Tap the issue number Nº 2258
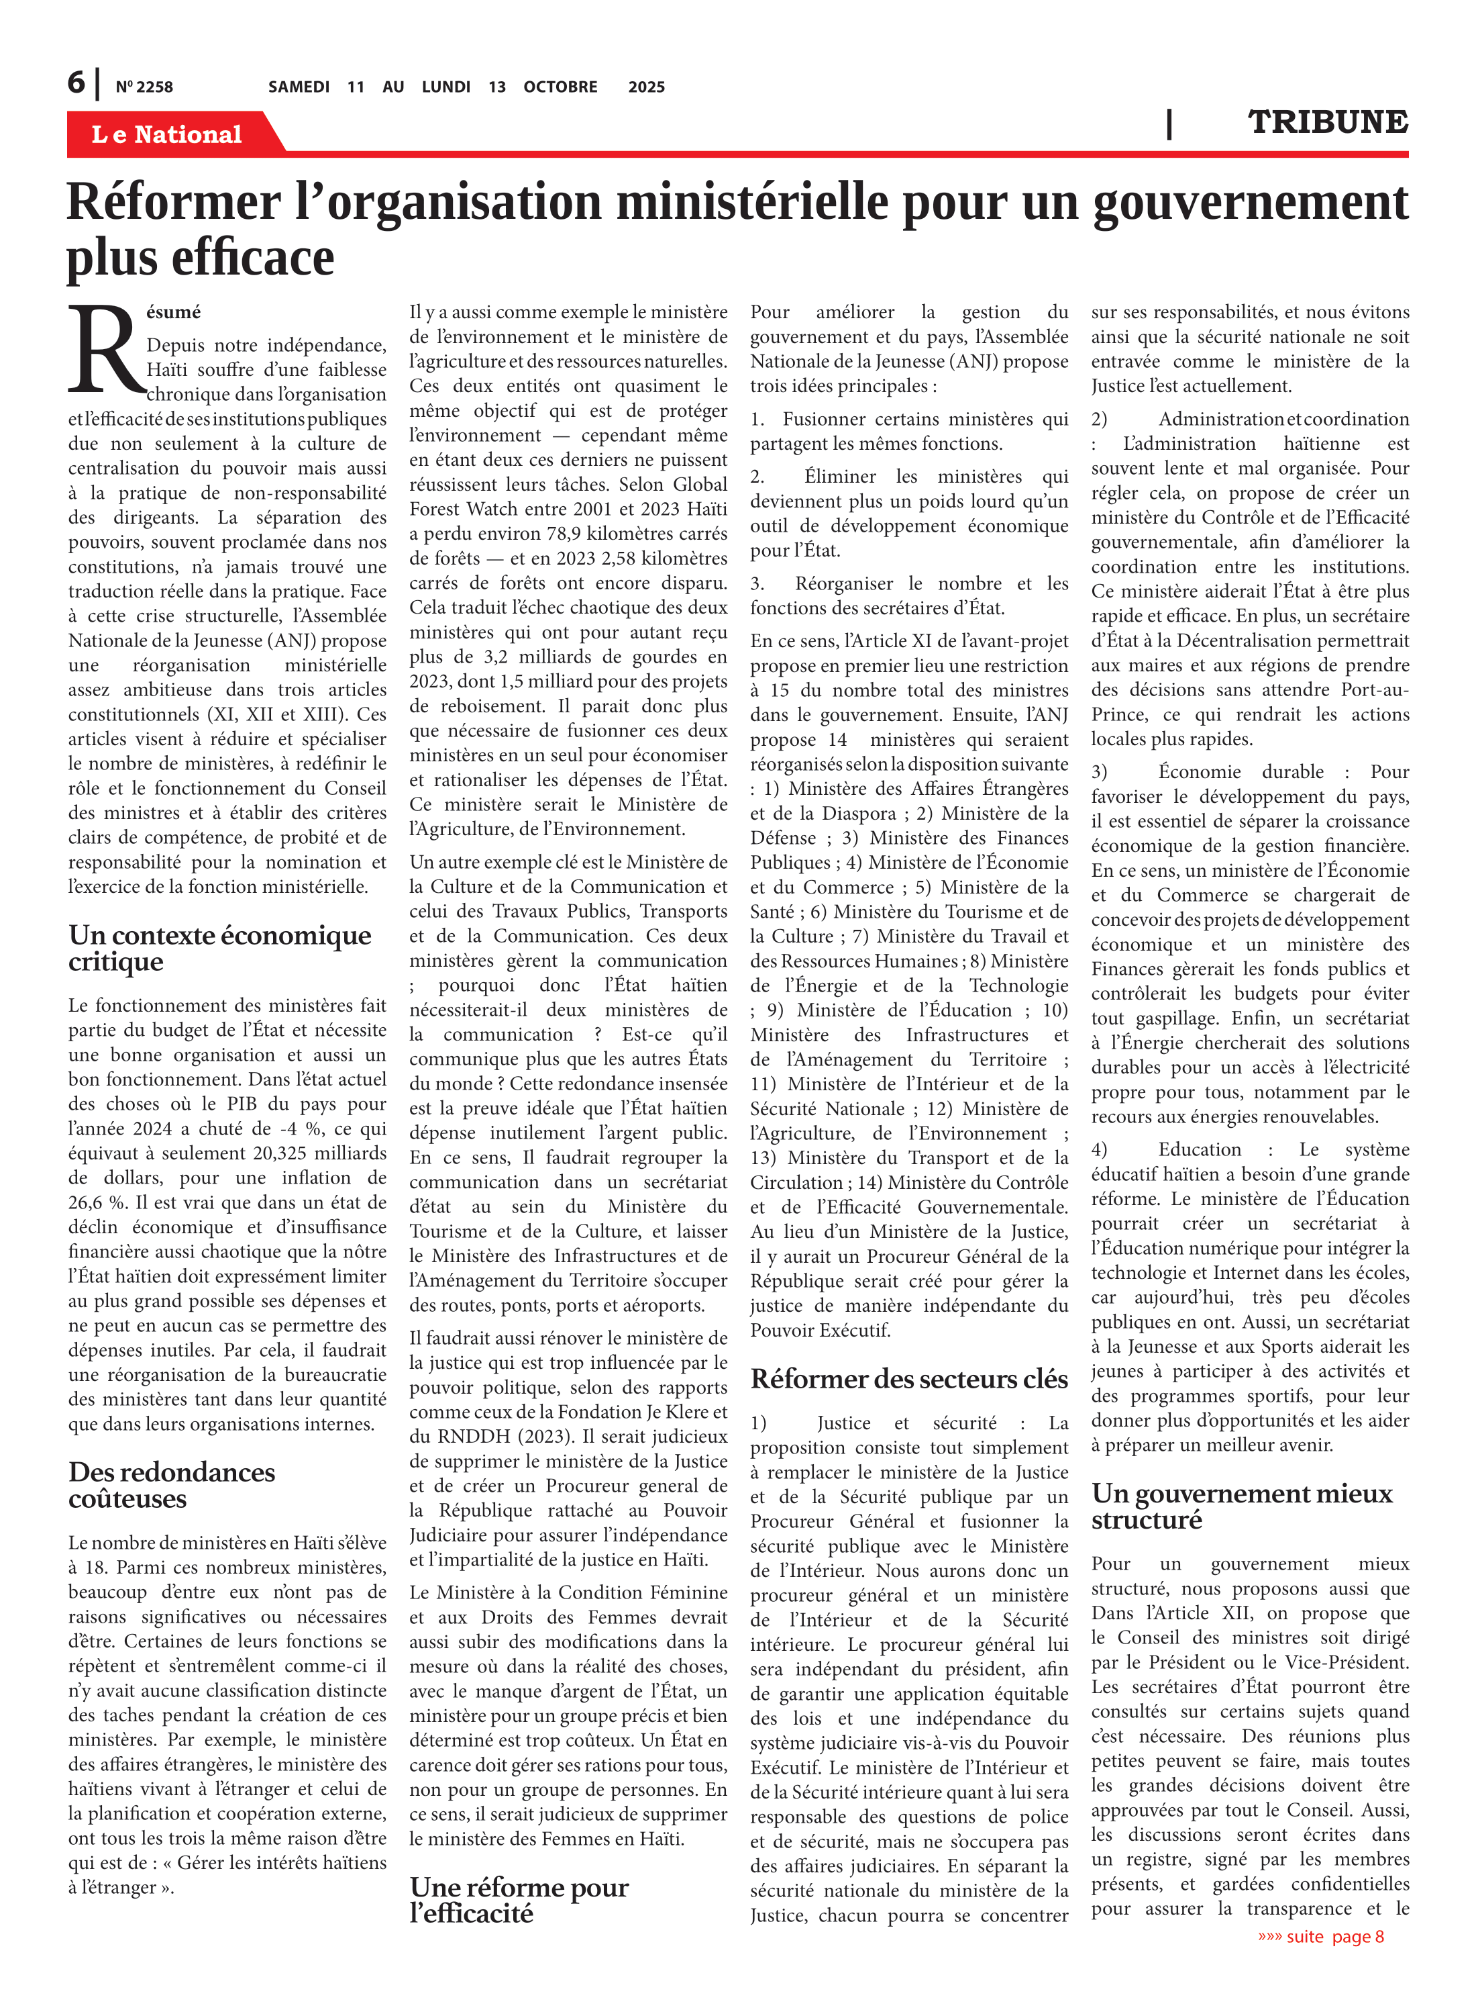(144, 87)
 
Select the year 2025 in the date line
(646, 87)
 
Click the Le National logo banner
(167, 134)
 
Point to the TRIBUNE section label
(1327, 122)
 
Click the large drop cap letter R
(105, 350)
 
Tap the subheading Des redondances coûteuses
(172, 1485)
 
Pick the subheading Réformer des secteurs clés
(908, 1380)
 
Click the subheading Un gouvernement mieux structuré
(1241, 1506)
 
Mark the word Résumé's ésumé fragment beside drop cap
(173, 312)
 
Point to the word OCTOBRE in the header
(560, 87)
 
